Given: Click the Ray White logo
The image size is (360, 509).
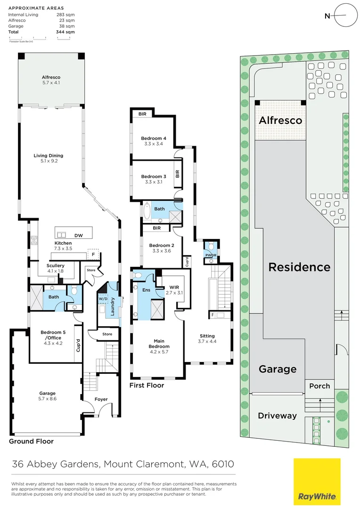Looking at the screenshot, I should click(317, 482).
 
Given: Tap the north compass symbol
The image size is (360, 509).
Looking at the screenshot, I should click(341, 16).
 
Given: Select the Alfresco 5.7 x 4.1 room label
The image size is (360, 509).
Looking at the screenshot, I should click(51, 80).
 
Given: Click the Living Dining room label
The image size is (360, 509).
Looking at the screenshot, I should click(48, 158).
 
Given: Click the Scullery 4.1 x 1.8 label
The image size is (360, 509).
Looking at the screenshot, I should click(56, 268).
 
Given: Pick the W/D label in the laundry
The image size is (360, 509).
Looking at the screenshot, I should click(103, 299).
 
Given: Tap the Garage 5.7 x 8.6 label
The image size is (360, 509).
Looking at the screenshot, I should click(47, 396).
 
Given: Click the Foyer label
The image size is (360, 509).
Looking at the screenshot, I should click(101, 399).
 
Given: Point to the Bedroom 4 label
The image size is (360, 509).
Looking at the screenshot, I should click(153, 141).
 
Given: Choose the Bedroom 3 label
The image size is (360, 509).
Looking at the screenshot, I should click(153, 179).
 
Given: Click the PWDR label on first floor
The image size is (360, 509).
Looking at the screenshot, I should click(210, 255).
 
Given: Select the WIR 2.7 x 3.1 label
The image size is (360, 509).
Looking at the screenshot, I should click(172, 290).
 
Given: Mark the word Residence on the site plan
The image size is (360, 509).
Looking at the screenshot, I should click(299, 267).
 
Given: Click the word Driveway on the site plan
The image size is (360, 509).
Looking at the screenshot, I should click(277, 416).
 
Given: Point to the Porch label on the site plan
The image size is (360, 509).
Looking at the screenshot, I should click(319, 386).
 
